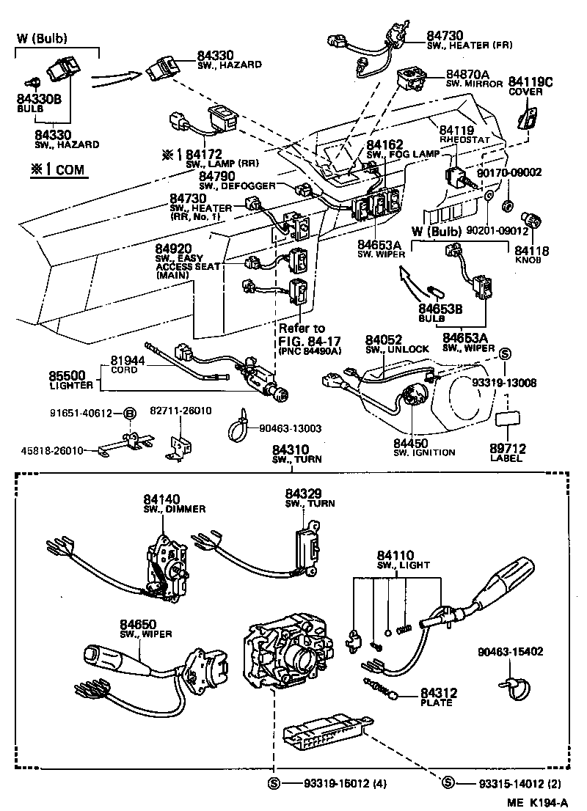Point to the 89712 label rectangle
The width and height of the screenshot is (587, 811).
point(506,419)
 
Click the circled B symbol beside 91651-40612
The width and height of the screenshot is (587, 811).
point(129,414)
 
